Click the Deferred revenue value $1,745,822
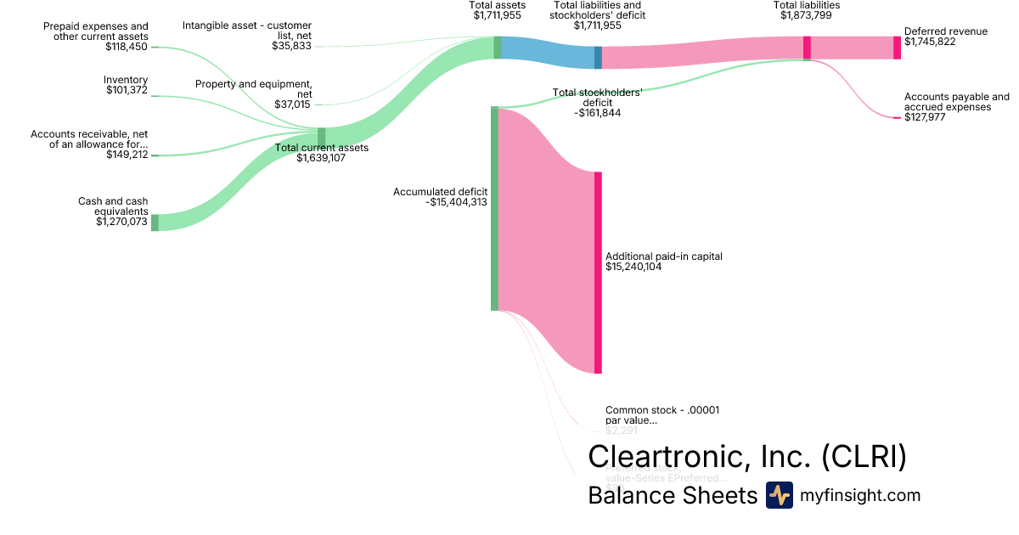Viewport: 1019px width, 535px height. click(934, 42)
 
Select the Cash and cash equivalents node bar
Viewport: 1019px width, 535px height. click(155, 222)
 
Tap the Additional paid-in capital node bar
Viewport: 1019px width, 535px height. click(598, 272)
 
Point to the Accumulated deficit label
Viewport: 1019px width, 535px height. click(440, 192)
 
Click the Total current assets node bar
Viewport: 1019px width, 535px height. click(321, 137)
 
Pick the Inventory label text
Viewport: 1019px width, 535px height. click(125, 79)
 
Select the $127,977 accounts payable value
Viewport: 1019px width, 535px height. click(925, 117)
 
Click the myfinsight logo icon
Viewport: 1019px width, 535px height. click(779, 495)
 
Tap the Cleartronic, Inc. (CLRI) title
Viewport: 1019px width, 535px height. click(747, 456)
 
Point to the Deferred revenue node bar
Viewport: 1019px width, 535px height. click(897, 48)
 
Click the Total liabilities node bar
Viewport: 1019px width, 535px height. click(807, 48)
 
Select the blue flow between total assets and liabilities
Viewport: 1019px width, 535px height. click(548, 53)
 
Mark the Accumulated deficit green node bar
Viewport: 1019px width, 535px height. click(494, 208)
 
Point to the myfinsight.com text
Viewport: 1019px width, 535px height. click(859, 495)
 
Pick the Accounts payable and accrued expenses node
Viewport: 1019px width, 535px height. click(897, 118)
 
